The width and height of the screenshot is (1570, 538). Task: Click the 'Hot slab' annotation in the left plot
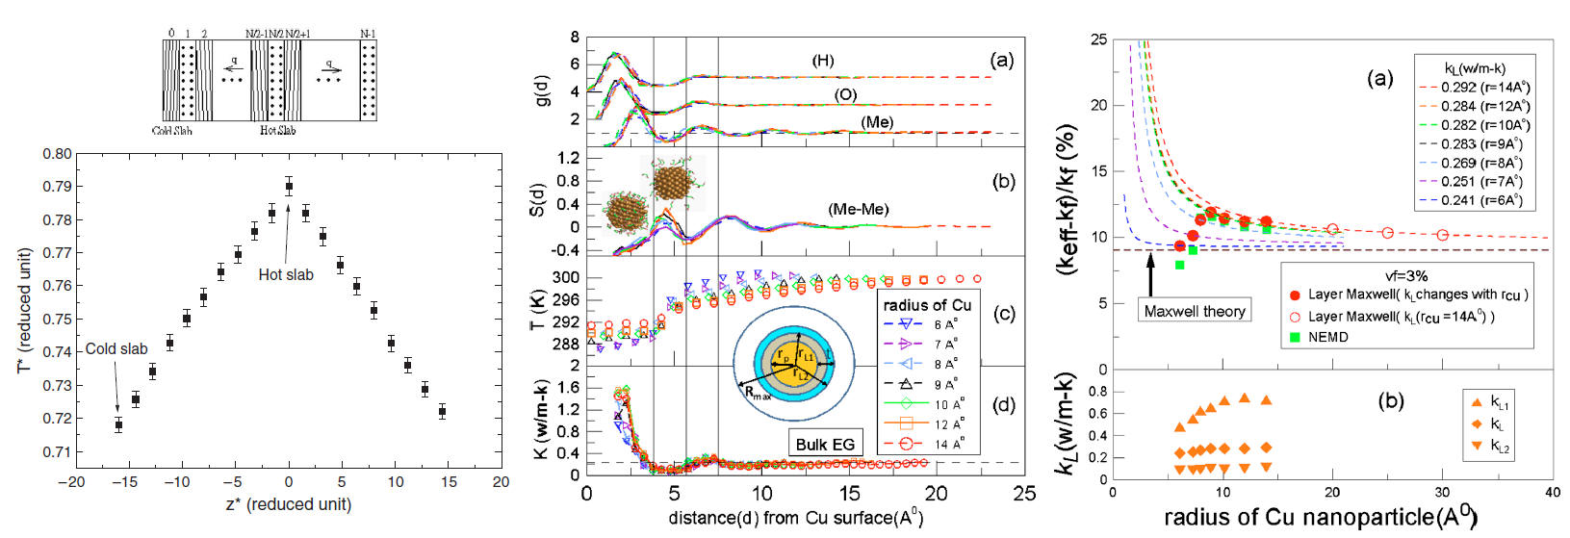286,274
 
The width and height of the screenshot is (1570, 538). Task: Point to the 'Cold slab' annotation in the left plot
116,348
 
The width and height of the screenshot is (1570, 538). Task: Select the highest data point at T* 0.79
289,187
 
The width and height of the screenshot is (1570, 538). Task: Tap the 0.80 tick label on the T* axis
57,154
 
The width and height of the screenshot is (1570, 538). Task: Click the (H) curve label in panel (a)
823,61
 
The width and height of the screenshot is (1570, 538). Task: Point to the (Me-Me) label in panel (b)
858,209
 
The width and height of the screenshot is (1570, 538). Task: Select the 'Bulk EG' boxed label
825,444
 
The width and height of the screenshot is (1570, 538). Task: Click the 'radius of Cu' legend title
927,305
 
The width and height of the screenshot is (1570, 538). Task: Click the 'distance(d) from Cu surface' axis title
795,518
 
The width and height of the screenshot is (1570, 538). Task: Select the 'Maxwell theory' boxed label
1195,311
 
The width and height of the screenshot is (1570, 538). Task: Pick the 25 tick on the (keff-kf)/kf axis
1098,39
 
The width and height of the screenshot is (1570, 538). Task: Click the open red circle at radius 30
1442,235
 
